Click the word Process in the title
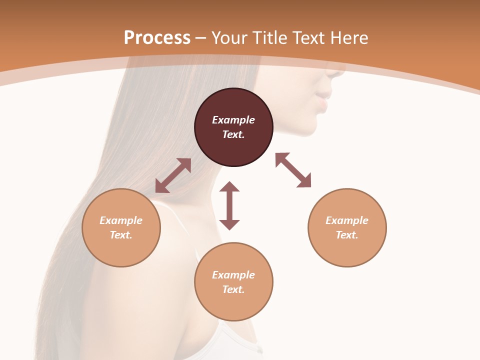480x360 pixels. pos(157,37)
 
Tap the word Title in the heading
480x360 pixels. pos(270,37)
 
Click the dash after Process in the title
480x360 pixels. pos(201,38)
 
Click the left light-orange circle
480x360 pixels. pos(121,227)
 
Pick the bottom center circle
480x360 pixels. pos(233,281)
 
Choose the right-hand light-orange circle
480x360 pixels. pos(347,227)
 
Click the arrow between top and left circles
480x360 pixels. pos(173,175)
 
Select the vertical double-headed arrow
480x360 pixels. pos(229,205)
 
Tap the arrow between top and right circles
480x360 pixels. pos(293,170)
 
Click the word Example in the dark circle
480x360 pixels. pos(233,120)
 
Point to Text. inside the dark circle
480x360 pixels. pos(233,134)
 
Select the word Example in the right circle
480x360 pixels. pos(347,220)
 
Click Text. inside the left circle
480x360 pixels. pos(121,235)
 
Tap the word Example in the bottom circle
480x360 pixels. pos(233,275)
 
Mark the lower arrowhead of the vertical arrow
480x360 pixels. pos(229,223)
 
